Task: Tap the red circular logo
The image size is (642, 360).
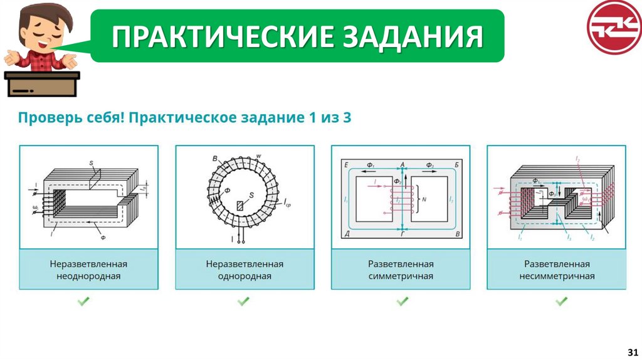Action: [x=614, y=28]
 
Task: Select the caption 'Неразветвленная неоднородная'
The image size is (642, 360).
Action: [x=88, y=270]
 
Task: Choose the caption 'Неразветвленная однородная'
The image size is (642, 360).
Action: [x=245, y=270]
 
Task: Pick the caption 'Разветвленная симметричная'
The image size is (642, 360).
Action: [x=401, y=270]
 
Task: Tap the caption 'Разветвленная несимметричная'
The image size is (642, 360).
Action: [x=557, y=270]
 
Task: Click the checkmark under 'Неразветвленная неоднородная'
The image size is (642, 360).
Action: [x=83, y=302]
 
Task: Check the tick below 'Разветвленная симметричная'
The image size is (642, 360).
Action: [x=402, y=302]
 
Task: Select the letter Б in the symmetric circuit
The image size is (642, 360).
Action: [x=456, y=164]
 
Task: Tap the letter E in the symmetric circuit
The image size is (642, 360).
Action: [x=345, y=164]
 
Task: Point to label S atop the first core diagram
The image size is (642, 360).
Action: [x=91, y=164]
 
